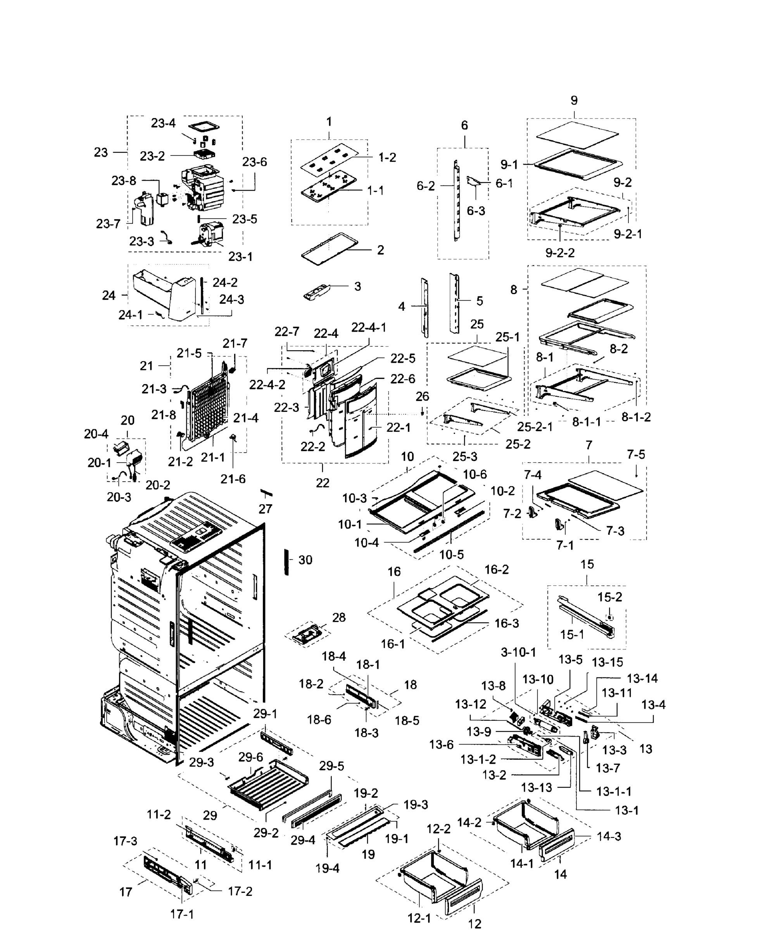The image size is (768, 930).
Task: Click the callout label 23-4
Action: [x=163, y=123]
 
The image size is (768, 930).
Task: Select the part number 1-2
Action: [x=387, y=157]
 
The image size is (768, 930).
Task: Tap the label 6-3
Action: [x=476, y=211]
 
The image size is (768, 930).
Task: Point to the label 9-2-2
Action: [x=560, y=253]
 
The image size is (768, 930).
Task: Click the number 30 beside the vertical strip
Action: [x=305, y=560]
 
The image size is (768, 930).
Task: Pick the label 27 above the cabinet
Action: [x=266, y=509]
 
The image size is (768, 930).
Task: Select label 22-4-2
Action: [x=267, y=385]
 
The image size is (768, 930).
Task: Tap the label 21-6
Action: [x=233, y=479]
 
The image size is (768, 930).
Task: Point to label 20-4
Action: [x=96, y=434]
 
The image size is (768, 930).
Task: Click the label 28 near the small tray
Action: [x=339, y=617]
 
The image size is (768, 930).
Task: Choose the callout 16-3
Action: [x=507, y=623]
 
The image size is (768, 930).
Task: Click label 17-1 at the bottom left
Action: [x=182, y=914]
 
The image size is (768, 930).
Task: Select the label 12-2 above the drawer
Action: [x=438, y=829]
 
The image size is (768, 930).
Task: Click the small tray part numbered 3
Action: [x=317, y=293]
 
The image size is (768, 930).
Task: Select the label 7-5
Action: [x=636, y=454]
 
